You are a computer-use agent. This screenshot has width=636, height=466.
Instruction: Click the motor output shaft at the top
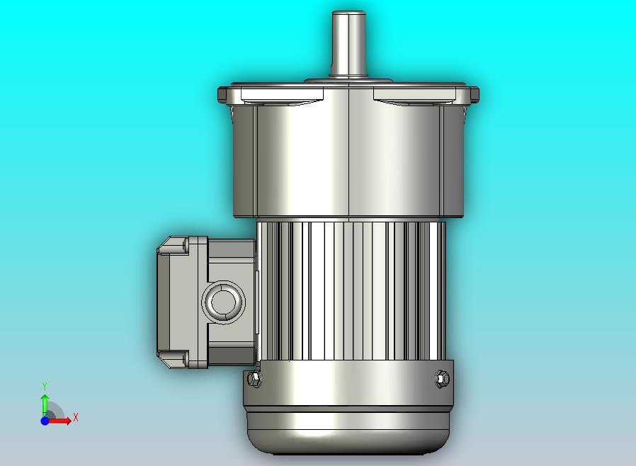(x=349, y=44)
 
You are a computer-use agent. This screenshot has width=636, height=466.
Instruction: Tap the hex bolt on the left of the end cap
(x=254, y=378)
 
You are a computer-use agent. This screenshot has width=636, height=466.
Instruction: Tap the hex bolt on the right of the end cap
(x=442, y=378)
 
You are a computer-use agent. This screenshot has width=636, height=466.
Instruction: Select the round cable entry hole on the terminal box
(x=224, y=302)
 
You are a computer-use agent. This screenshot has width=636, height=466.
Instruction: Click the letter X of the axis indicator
(x=76, y=417)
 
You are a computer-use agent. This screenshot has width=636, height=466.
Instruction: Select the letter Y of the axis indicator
(x=45, y=386)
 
